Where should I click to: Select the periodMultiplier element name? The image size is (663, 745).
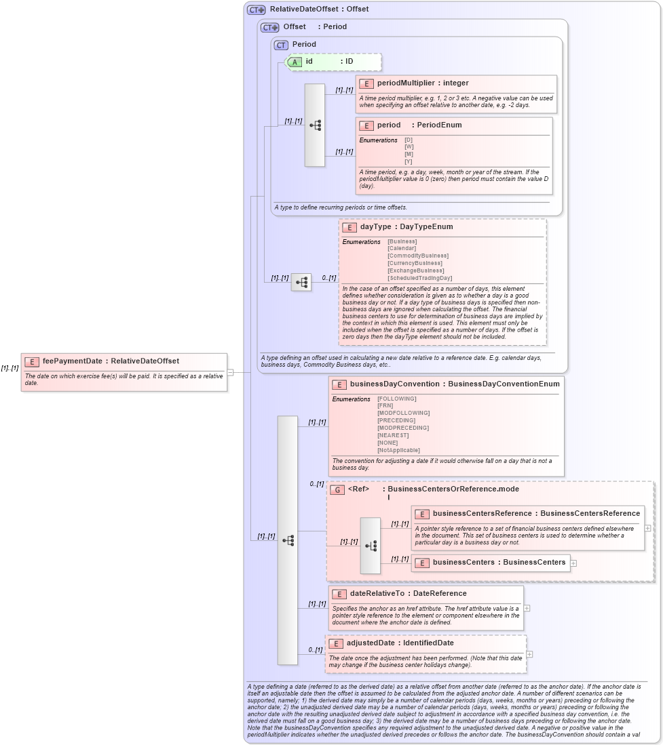405,83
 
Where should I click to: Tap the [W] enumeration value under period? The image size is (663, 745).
409,147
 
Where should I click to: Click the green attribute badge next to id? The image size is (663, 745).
295,62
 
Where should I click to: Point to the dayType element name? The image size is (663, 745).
375,227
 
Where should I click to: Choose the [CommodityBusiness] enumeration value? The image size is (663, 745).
417,256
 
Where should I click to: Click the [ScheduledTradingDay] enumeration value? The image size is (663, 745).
419,278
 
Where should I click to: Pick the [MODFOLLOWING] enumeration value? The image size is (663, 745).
403,413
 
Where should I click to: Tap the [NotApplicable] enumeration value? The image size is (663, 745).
398,450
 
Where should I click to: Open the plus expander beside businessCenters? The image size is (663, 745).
573,563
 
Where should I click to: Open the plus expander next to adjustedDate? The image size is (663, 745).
529,654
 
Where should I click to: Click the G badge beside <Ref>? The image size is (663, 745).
337,489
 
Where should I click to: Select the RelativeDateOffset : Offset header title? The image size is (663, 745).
319,9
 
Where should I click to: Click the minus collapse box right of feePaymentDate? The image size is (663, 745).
230,371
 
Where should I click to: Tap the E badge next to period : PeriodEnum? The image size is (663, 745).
366,125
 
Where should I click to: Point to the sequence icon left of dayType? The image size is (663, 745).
301,282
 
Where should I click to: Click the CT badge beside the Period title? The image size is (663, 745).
281,45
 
